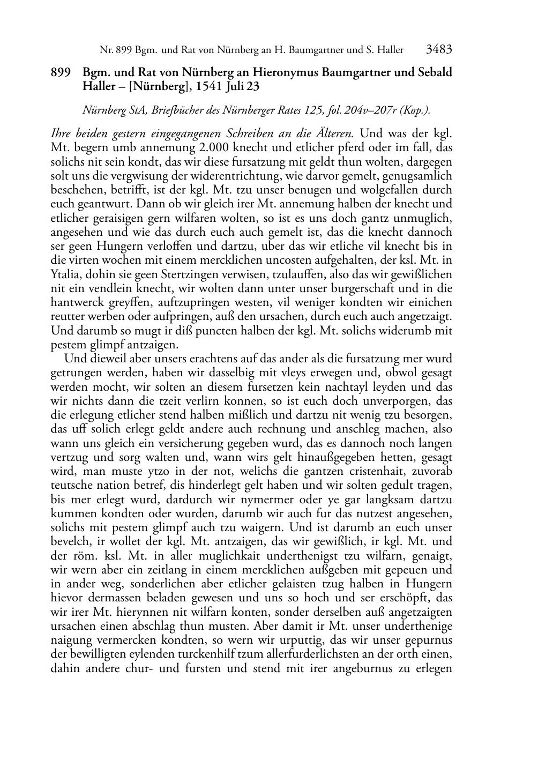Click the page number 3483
point(439,50)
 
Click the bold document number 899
point(61,72)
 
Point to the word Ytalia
point(64,274)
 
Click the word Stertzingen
point(183,274)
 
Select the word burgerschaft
point(364,288)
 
